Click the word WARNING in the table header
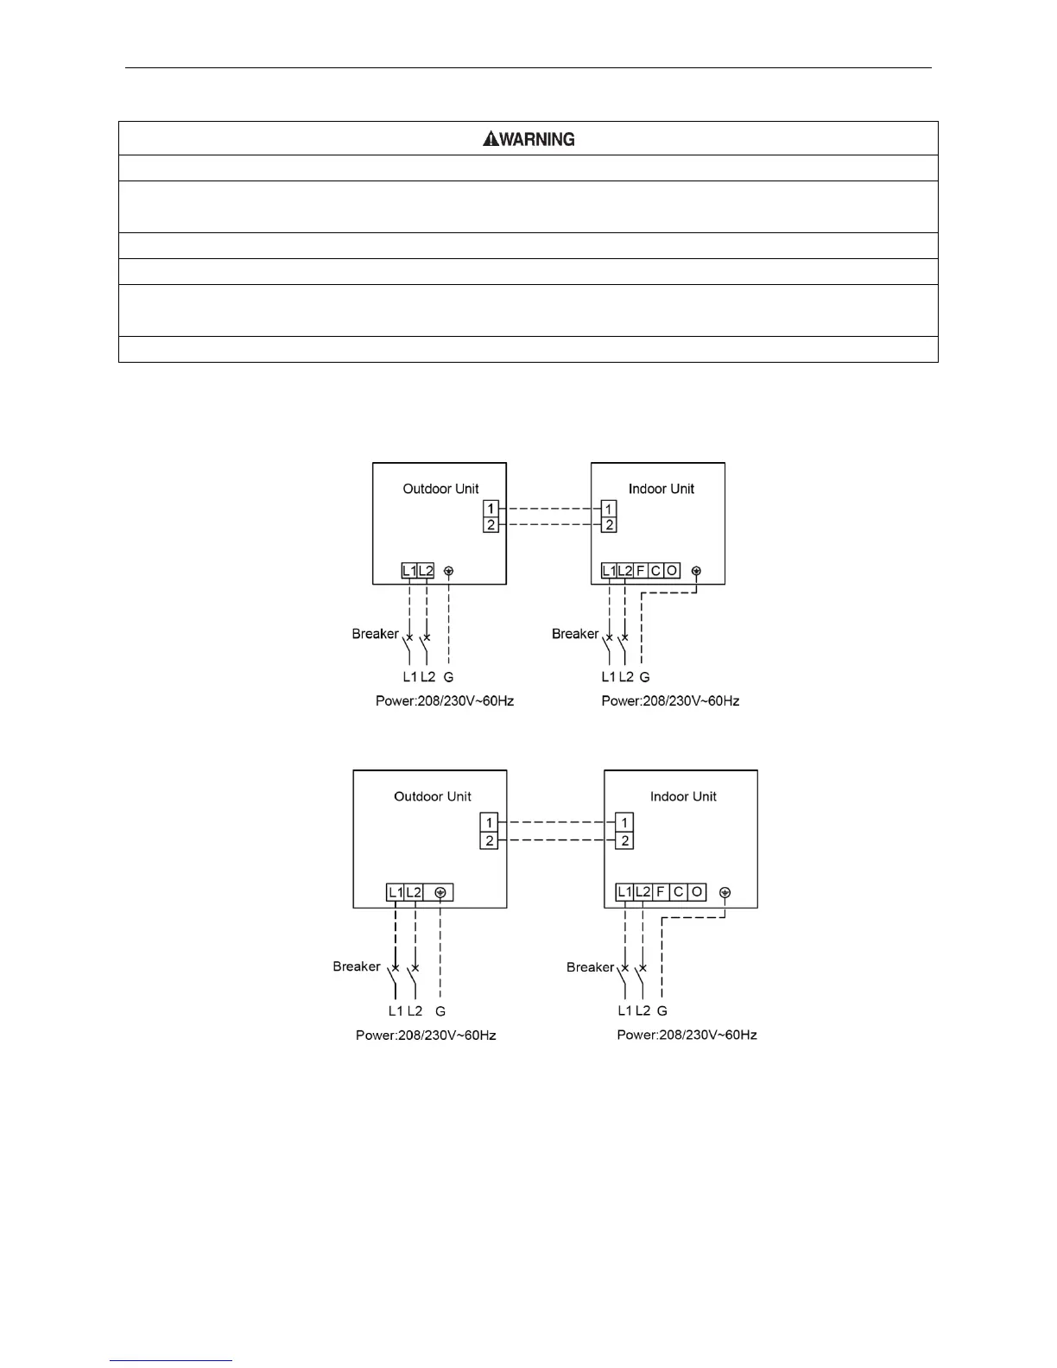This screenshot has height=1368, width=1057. [536, 139]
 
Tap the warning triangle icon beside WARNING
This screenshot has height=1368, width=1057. [490, 138]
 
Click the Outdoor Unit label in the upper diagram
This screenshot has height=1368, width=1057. [440, 489]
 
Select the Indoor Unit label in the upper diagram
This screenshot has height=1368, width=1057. [661, 489]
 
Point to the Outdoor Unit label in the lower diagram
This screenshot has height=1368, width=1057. [433, 796]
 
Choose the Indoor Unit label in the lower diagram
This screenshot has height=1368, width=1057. [683, 796]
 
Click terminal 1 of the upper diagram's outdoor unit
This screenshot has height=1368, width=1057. [491, 509]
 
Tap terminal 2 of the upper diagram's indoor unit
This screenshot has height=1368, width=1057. [609, 524]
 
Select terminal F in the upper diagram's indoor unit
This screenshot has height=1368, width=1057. [641, 571]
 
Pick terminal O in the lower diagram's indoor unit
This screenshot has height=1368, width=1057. [697, 891]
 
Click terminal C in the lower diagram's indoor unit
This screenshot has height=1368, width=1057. [679, 891]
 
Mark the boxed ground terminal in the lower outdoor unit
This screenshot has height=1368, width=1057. [440, 892]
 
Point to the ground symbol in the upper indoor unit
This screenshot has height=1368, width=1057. [697, 571]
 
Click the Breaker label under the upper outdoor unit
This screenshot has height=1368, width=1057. [375, 634]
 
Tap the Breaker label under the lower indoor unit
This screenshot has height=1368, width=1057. [590, 967]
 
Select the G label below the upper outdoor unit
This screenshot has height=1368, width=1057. [448, 677]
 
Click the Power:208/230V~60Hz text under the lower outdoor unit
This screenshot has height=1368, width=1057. [426, 1035]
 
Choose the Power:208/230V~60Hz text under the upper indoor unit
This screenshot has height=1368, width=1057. [670, 700]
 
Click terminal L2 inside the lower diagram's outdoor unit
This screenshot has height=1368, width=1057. [414, 892]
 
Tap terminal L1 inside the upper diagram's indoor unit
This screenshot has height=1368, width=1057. [609, 571]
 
